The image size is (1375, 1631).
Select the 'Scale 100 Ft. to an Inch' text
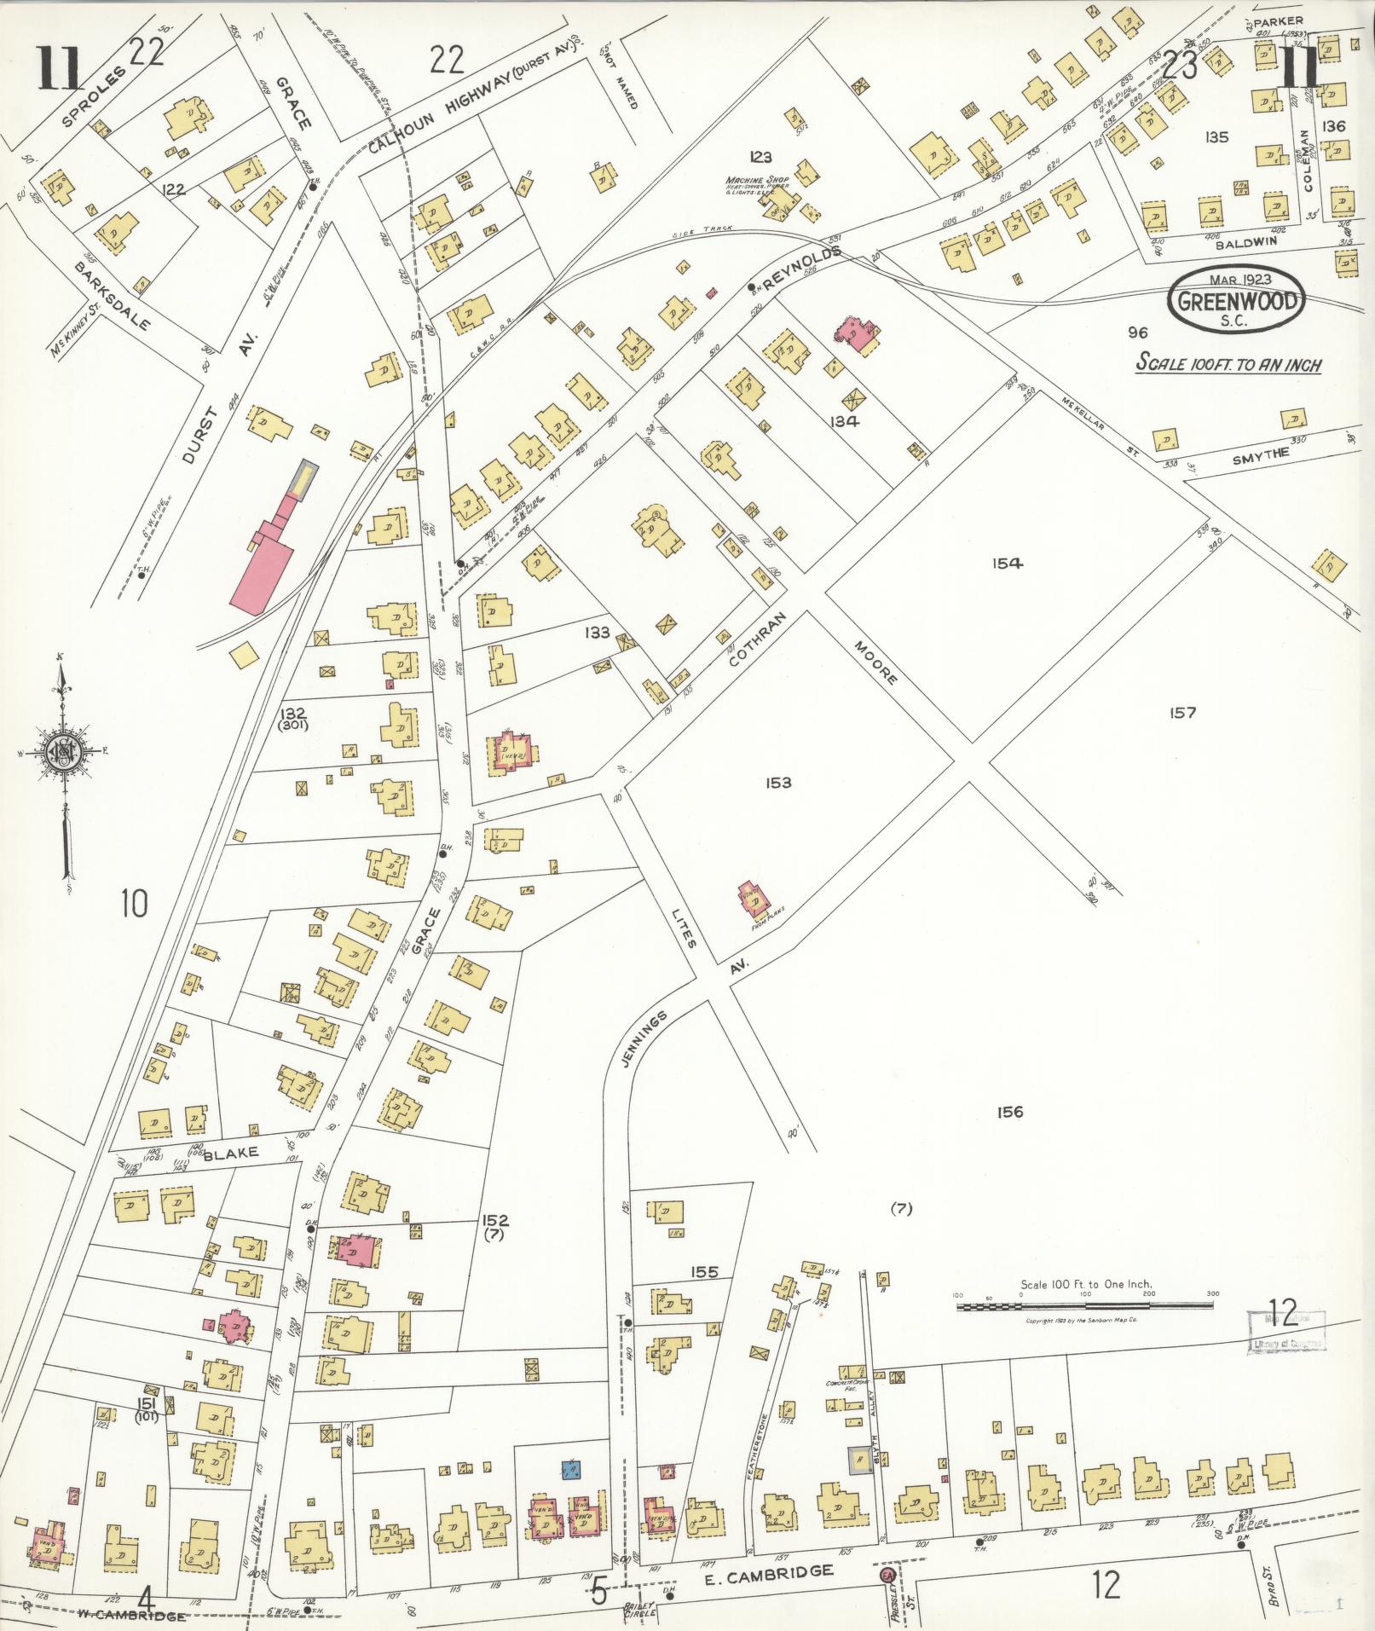1228,364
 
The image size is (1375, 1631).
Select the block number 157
1183,712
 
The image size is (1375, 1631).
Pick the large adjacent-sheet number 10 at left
134,903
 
